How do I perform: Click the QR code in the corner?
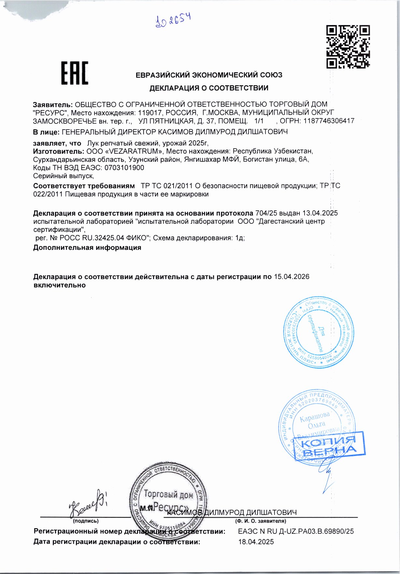tap(348, 47)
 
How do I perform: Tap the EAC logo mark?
tap(75, 73)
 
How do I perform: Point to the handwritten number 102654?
tap(173, 21)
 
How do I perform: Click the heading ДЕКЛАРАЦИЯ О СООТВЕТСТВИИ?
tap(209, 88)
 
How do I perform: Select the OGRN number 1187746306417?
tap(329, 121)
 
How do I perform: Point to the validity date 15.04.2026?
tap(292, 277)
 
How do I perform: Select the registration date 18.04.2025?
tap(256, 542)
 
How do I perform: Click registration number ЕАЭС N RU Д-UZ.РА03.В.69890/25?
tap(296, 531)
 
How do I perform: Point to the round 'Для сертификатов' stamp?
tap(318, 333)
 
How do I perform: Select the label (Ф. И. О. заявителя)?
tap(261, 521)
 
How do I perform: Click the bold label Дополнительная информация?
tap(87, 248)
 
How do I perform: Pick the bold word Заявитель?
tap(53, 105)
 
